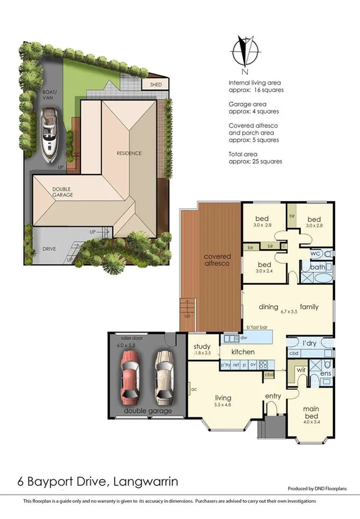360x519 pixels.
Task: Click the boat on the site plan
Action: pyautogui.click(x=49, y=135)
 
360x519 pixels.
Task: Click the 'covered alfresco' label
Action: pyautogui.click(x=217, y=260)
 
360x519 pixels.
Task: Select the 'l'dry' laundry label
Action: pyautogui.click(x=310, y=343)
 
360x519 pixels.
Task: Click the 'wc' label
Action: pyautogui.click(x=315, y=254)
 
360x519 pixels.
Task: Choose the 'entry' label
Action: pyautogui.click(x=273, y=396)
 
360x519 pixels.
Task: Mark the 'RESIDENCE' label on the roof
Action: pyautogui.click(x=129, y=153)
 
